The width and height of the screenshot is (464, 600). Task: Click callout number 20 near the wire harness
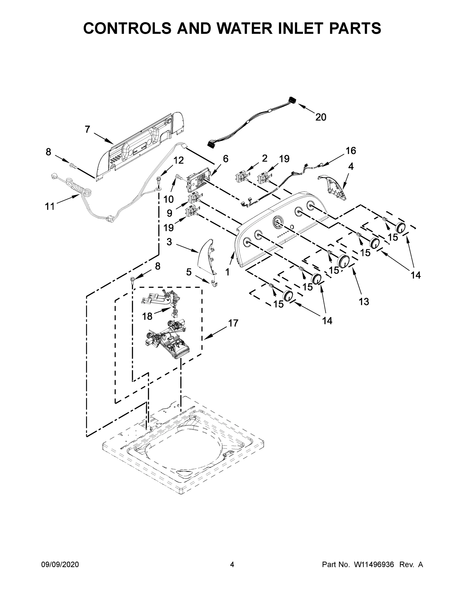320,117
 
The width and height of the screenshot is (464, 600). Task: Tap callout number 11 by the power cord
50,206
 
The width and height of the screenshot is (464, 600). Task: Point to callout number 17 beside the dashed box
233,323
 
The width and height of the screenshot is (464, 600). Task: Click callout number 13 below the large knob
364,302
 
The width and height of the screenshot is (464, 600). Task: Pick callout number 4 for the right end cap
351,166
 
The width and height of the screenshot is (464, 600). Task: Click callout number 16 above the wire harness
351,150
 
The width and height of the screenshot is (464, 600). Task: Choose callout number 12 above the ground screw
179,160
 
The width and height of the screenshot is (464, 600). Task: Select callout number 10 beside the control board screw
169,199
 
